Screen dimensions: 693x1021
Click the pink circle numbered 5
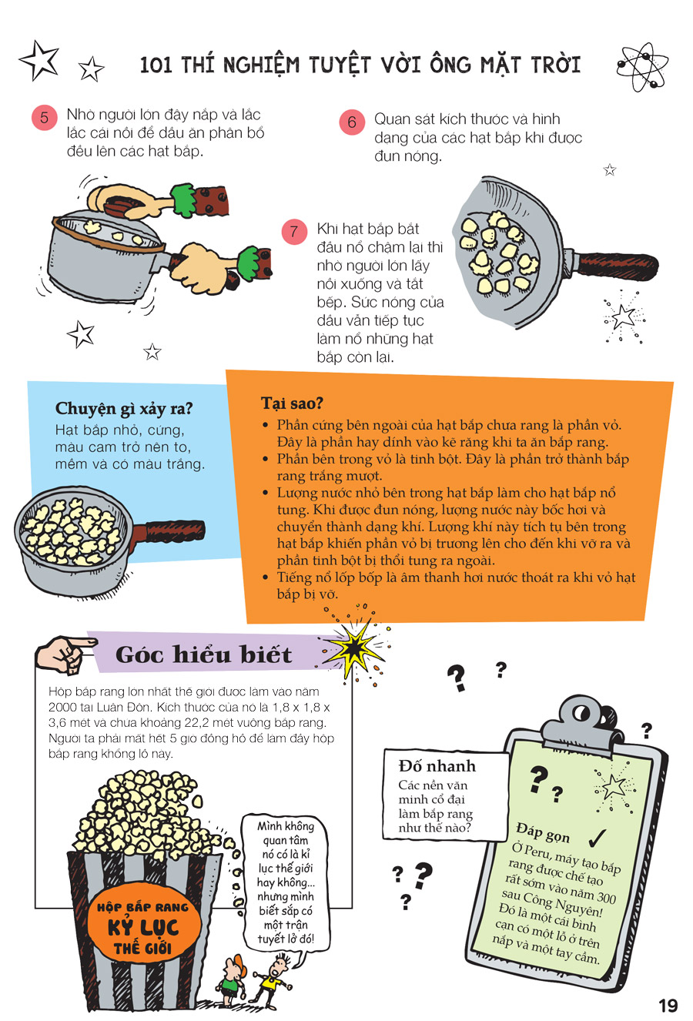click(44, 118)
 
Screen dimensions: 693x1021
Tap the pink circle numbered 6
click(352, 122)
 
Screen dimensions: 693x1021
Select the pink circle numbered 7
click(294, 232)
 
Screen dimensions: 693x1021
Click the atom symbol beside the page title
click(642, 66)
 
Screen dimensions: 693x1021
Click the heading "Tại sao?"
click(292, 403)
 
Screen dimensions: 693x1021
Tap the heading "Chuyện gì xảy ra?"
click(124, 409)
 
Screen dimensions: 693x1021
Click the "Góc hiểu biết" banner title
click(203, 654)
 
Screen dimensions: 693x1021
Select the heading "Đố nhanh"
click(437, 765)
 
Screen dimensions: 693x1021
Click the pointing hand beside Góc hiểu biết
click(64, 654)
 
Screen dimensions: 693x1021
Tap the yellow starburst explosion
click(356, 648)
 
